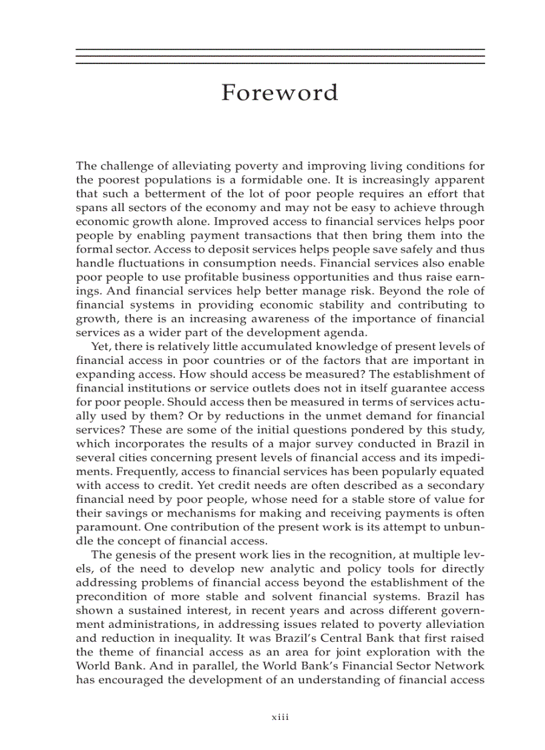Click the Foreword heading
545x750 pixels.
tap(279, 93)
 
